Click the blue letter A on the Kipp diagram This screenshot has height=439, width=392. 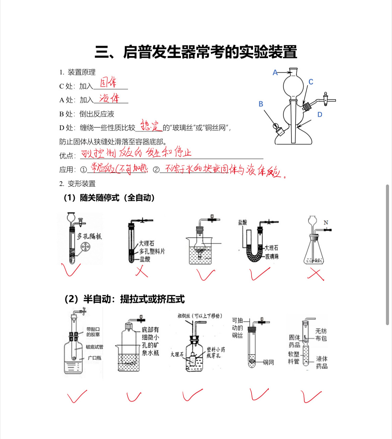coord(275,73)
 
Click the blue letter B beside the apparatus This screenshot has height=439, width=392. coord(261,104)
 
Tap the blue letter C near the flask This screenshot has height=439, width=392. coord(311,82)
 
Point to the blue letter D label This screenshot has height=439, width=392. coord(320,115)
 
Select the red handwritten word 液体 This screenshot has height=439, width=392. coord(109,98)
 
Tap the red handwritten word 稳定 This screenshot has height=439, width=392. coord(150,126)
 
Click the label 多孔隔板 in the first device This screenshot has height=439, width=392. coord(89,236)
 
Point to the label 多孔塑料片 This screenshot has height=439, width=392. coord(152,251)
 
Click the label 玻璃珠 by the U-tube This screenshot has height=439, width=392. coord(272,257)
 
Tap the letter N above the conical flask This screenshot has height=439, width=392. coord(326,223)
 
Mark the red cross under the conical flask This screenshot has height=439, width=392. coord(316,275)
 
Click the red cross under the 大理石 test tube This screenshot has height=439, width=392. coord(141,272)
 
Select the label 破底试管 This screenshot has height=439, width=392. coord(94,347)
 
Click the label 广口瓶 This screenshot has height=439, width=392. coord(94,358)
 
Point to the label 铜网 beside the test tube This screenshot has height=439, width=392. coord(268,363)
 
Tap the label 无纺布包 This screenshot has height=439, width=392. coord(321,335)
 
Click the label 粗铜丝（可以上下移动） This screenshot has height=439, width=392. coord(200,316)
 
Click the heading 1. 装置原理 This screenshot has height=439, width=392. coord(77,72)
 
